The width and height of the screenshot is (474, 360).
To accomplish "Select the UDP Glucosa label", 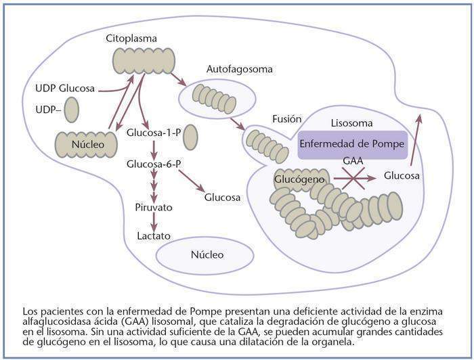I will tap(65, 88).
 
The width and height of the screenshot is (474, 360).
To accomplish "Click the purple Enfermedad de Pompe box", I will tap(352, 144).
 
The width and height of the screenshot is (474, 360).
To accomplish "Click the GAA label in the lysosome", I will tap(353, 162).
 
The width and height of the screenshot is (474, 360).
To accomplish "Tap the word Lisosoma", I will tap(351, 124).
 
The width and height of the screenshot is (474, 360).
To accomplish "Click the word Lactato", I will tap(154, 235).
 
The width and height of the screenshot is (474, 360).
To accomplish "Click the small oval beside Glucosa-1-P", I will tap(190, 135).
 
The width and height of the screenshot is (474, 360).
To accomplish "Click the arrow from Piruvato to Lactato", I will tap(154, 221).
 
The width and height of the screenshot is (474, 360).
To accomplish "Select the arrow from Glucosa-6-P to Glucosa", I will tap(192, 181).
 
